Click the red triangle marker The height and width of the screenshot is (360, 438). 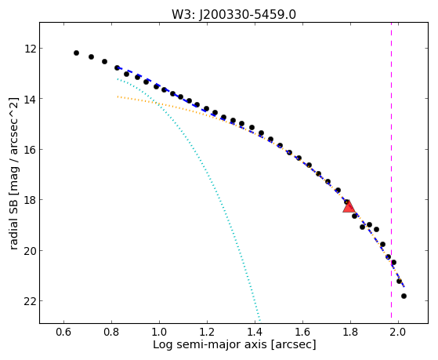[x=349, y=206]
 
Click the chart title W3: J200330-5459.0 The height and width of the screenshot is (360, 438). [x=233, y=15]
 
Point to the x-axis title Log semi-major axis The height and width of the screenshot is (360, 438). [x=210, y=344]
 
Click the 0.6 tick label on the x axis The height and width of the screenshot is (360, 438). [x=63, y=333]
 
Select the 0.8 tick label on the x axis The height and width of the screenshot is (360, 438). [x=111, y=333]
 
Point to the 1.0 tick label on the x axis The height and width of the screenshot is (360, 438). [x=159, y=333]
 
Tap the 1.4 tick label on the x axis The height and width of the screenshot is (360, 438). [x=255, y=333]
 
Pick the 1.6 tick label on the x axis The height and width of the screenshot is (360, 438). [x=302, y=333]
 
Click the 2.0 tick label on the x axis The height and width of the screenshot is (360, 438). [x=398, y=333]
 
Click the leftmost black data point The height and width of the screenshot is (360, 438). [x=76, y=53]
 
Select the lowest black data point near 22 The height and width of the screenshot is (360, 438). [x=404, y=296]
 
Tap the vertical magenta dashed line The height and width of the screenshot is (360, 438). [x=391, y=170]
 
